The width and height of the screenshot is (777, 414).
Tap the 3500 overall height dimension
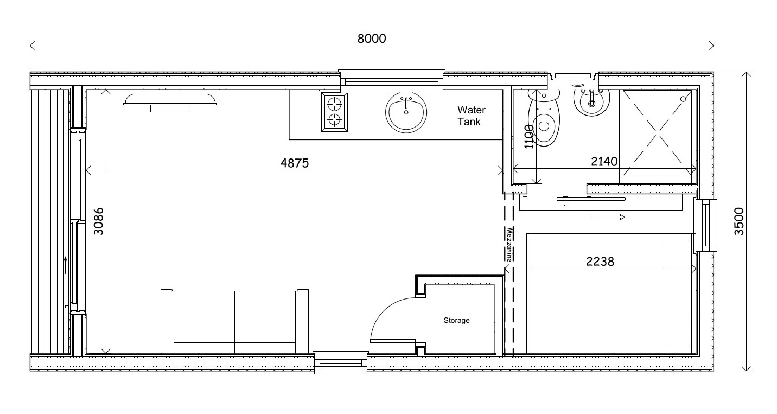click(x=738, y=221)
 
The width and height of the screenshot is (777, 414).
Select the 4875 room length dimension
click(x=295, y=163)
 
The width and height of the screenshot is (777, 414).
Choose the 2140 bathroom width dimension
click(x=604, y=161)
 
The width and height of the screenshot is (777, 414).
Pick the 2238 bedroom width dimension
click(x=600, y=261)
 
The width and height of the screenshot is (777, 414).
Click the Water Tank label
click(x=471, y=116)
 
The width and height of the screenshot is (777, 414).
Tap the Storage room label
click(x=456, y=321)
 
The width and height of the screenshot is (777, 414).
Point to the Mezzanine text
click(x=509, y=245)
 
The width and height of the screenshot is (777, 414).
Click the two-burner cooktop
click(x=334, y=111)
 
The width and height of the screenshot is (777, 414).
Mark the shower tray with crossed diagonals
click(x=659, y=133)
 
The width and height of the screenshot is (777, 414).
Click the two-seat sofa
click(x=234, y=321)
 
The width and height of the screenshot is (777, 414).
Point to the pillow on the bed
click(x=678, y=293)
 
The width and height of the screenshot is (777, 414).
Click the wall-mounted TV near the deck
click(x=170, y=101)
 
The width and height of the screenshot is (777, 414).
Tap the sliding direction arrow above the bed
click(x=608, y=218)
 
